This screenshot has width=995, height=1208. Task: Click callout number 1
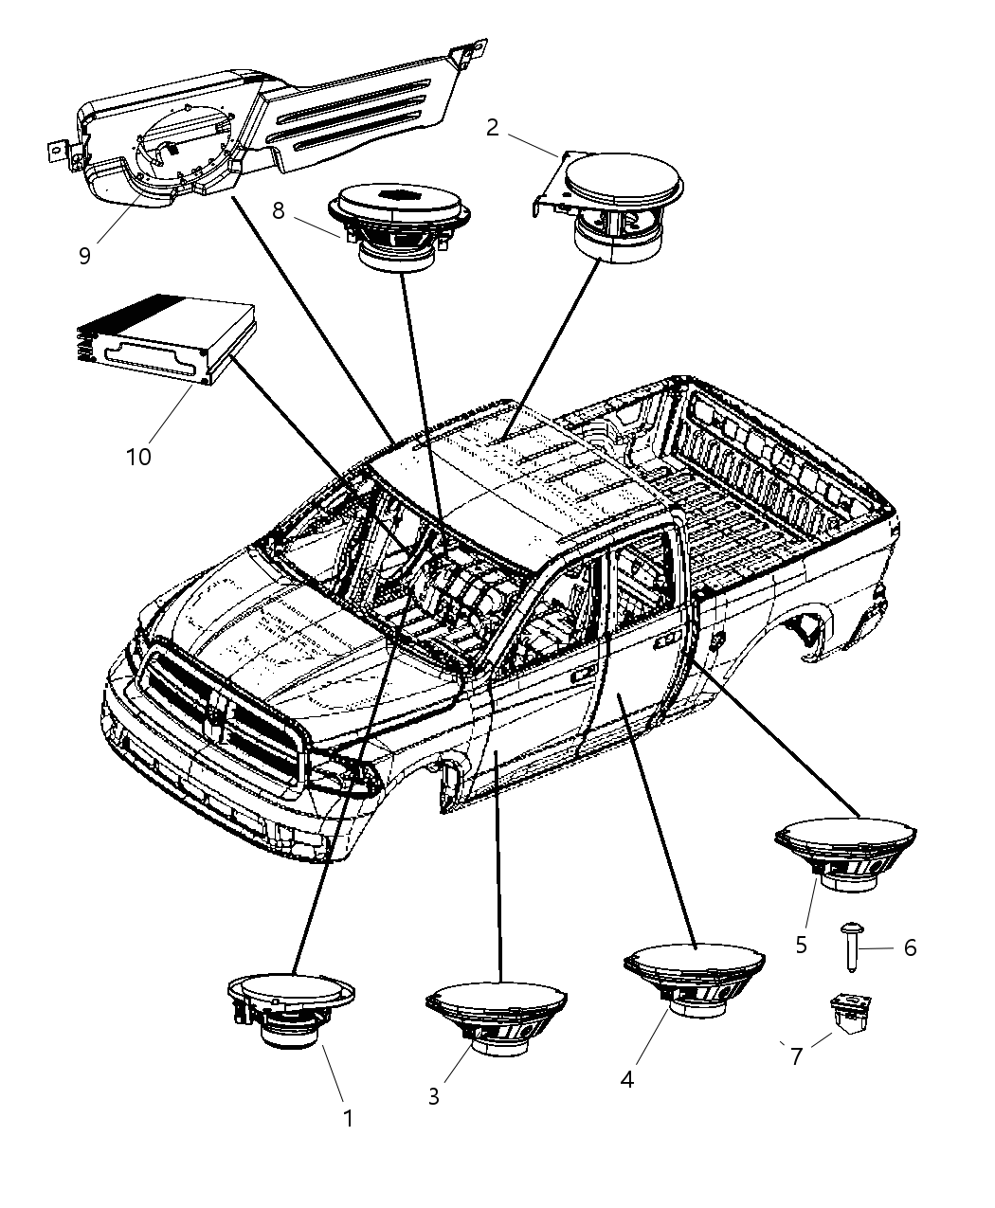click(x=348, y=1119)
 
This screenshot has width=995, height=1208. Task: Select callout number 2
click(x=492, y=128)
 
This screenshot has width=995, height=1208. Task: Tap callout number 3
click(x=433, y=1097)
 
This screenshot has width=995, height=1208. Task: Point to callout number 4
click(x=626, y=1079)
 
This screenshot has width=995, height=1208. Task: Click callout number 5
click(x=801, y=945)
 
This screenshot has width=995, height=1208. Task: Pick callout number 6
click(x=910, y=947)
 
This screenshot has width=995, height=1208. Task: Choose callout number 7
click(x=797, y=1056)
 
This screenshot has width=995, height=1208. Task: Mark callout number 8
click(x=278, y=210)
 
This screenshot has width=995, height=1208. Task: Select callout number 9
click(x=85, y=256)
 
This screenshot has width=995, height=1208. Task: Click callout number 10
click(x=138, y=457)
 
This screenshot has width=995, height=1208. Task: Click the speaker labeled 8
click(x=400, y=227)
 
